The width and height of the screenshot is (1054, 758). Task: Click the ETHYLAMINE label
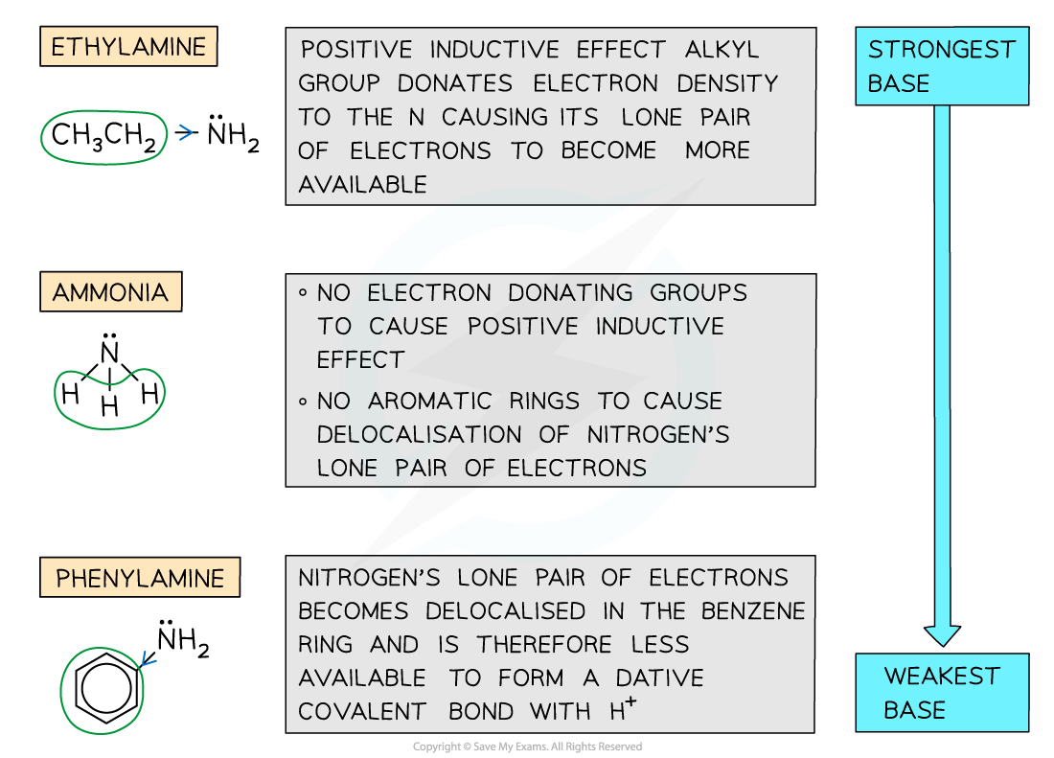pyautogui.click(x=128, y=47)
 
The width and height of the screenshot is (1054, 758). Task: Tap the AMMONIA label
pyautogui.click(x=110, y=292)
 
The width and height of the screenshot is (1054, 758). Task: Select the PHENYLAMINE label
pyautogui.click(x=140, y=579)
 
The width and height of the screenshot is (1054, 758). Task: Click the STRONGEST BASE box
pyautogui.click(x=942, y=66)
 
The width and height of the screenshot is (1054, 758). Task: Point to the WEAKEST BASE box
pyautogui.click(x=942, y=693)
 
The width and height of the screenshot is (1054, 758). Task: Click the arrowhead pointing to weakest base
pyautogui.click(x=942, y=634)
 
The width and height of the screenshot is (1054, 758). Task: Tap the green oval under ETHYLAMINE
pyautogui.click(x=104, y=137)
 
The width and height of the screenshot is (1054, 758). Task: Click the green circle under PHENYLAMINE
pyautogui.click(x=102, y=690)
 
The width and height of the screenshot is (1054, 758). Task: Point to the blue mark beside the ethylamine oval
pyautogui.click(x=186, y=133)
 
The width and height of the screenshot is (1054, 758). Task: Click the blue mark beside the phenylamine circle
pyautogui.click(x=148, y=658)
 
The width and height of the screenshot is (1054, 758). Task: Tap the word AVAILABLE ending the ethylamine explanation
pyautogui.click(x=362, y=184)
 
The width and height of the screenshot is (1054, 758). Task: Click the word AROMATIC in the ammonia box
pyautogui.click(x=430, y=401)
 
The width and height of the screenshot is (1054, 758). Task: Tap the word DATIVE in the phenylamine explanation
pyautogui.click(x=661, y=678)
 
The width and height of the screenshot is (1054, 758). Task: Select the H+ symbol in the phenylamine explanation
pyautogui.click(x=625, y=710)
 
